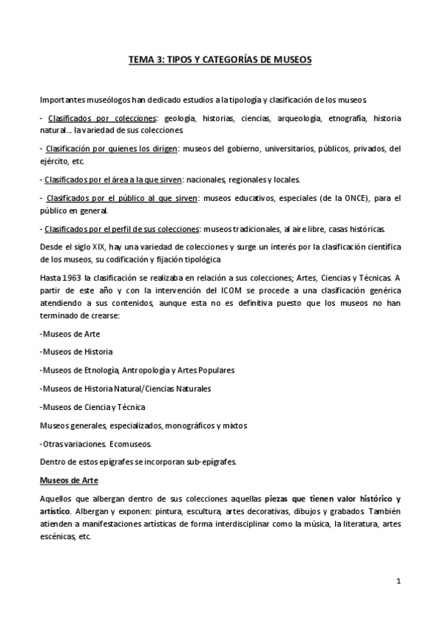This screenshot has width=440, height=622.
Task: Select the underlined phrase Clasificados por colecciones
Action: (101, 118)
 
